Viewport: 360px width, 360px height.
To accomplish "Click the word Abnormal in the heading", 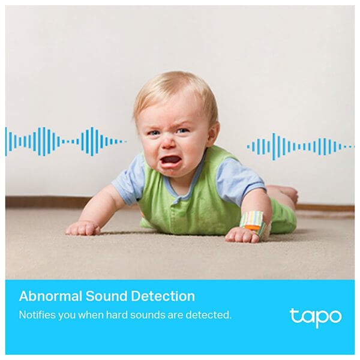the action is click(x=50, y=296).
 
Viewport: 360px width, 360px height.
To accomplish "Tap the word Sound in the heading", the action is click(x=106, y=296).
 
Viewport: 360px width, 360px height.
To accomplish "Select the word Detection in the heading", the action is click(x=163, y=296).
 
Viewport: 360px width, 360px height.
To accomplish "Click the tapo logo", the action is click(x=316, y=318).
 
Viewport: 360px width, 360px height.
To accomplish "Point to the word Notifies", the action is click(x=37, y=315).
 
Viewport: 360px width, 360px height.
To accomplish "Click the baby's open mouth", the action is click(x=170, y=161).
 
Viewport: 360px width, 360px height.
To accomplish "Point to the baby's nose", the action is click(x=168, y=143).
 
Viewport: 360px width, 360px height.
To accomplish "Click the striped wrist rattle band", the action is click(x=254, y=223).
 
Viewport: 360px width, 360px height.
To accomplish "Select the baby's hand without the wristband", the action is click(x=83, y=228).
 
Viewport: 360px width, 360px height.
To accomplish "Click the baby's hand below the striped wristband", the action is click(x=242, y=235).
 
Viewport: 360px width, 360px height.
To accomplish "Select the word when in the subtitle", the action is click(x=91, y=315).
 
